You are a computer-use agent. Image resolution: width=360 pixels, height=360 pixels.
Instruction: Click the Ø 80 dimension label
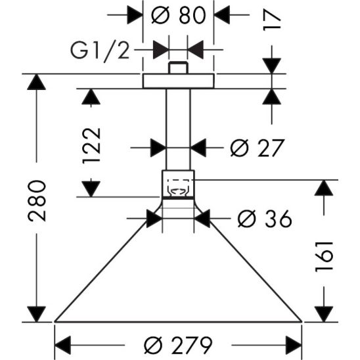(x=179, y=14)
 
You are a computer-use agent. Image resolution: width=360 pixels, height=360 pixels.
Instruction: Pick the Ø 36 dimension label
(x=263, y=219)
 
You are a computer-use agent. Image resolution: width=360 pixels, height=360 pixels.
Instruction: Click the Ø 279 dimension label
(x=179, y=344)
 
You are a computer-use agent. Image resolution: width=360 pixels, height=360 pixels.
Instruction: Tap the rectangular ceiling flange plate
(x=179, y=81)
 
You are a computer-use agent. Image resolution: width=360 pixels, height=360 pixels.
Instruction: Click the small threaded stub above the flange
(x=178, y=68)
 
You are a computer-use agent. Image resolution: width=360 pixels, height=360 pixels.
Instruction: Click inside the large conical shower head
(x=178, y=276)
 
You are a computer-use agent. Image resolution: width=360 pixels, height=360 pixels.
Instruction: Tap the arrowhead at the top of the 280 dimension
(x=37, y=83)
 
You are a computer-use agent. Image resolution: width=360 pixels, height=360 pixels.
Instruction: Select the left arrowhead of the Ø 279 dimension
(x=63, y=344)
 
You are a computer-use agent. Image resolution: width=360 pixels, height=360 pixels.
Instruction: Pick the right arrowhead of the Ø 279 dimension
(x=293, y=344)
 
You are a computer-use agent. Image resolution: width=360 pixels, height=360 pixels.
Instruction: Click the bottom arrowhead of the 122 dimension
(x=92, y=187)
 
